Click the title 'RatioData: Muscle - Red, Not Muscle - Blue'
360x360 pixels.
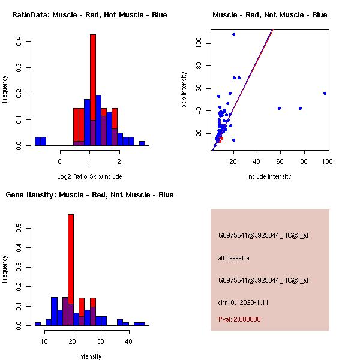[89, 14]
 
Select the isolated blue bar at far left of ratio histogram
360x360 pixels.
[40, 142]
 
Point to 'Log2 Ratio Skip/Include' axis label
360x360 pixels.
[89, 176]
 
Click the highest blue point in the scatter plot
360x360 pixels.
[233, 35]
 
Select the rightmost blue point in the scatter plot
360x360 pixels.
[325, 93]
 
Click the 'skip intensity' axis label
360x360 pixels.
[184, 90]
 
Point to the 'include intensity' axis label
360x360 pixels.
[269, 176]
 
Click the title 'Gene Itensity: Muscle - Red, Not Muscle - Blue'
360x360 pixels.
[89, 194]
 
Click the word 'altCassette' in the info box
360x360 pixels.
[233, 258]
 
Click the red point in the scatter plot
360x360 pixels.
[221, 138]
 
